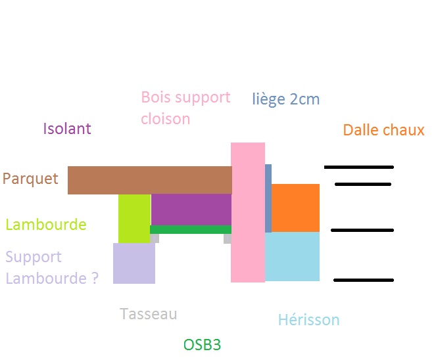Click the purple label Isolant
tap(67, 129)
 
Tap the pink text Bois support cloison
tap(185, 108)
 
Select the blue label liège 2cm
tap(285, 99)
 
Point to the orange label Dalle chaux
tap(383, 130)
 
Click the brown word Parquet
tap(30, 179)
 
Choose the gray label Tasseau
tap(149, 314)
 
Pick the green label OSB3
tap(202, 345)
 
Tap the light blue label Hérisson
tap(308, 321)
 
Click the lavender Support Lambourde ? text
tap(52, 267)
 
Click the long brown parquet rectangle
tap(149, 180)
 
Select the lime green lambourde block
tap(134, 218)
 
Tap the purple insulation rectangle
tap(191, 209)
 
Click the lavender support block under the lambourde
tap(134, 263)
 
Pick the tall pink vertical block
tap(248, 212)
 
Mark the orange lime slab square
tap(295, 208)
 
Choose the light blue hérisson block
tap(292, 256)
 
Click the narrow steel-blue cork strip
tap(268, 197)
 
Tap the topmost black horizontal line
tap(358, 168)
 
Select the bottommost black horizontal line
tap(363, 281)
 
